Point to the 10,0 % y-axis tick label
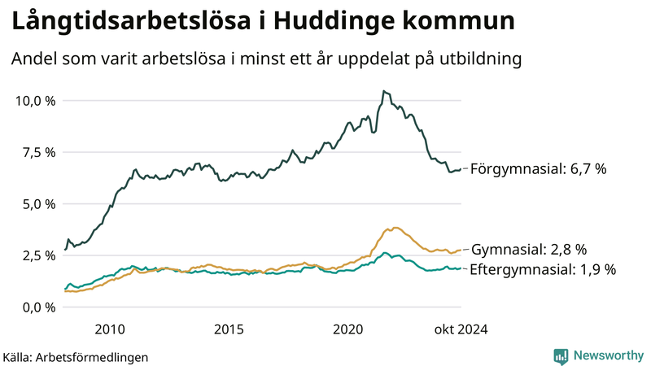click(x=35, y=101)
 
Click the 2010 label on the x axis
click(x=110, y=329)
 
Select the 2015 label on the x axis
click(x=229, y=329)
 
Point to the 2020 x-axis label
click(x=347, y=329)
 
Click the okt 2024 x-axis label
click(x=461, y=329)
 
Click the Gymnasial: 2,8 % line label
click(x=529, y=250)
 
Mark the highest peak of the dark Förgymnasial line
click(x=383, y=91)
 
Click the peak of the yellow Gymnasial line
click(x=395, y=228)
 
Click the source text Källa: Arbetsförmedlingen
click(x=76, y=356)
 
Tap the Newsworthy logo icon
click(x=561, y=355)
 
